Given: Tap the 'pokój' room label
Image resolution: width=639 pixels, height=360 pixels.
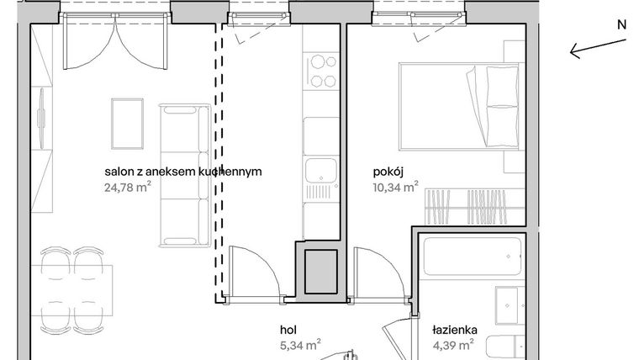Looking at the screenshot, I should (x=389, y=172).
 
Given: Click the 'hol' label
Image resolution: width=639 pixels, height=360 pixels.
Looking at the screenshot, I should (x=289, y=330).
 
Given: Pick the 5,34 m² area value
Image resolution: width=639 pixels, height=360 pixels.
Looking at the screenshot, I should (x=301, y=345).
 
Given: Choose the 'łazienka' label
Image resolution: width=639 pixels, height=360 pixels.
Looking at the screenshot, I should (x=455, y=330).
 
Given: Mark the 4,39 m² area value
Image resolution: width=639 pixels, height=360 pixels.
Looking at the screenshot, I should (x=455, y=345).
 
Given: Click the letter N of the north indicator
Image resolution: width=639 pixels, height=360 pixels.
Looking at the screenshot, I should (x=622, y=25).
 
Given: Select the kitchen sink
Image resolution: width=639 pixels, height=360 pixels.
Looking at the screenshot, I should (x=319, y=172).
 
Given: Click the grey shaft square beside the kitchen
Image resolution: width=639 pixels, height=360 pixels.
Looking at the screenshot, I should (x=320, y=271).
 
